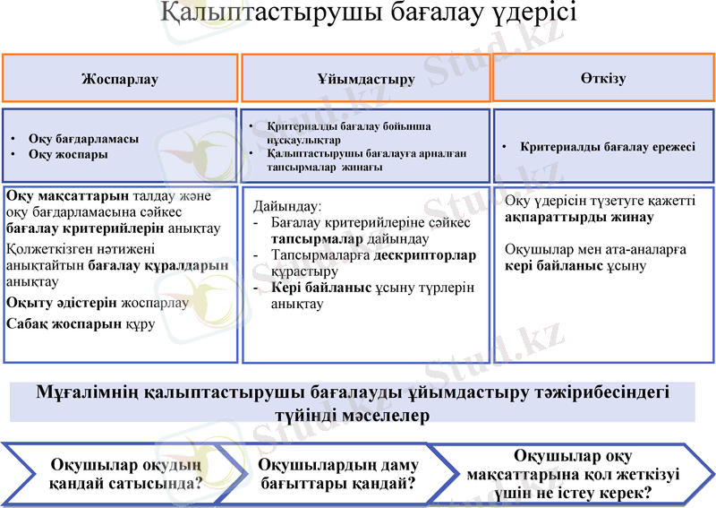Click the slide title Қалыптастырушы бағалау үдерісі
pos(368,14)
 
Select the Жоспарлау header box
pos(120,79)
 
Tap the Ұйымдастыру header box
pos(365,79)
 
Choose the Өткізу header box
pos(602,78)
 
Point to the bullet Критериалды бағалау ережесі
pos(608,147)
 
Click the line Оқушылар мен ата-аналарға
pos(595,249)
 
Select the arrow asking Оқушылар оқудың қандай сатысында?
pos(125,474)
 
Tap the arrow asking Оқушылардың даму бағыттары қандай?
pos(337,474)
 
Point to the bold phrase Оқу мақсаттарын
pos(67,195)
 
